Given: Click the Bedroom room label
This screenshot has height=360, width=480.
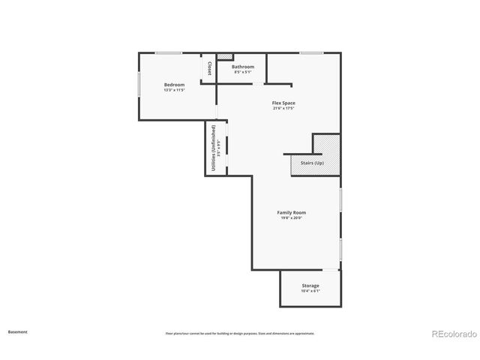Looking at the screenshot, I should [x=174, y=85].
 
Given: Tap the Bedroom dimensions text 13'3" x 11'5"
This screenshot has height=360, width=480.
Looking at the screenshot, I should [x=174, y=90].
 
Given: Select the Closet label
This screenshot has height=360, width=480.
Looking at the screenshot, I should [x=210, y=68].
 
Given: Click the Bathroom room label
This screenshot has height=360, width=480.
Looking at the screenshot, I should [x=242, y=67].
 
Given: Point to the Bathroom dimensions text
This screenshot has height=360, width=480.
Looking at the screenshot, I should [x=242, y=72].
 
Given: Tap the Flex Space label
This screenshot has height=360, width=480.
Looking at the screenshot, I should [x=283, y=103].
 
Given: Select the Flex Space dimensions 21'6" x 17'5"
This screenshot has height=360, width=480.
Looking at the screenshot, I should [x=283, y=108].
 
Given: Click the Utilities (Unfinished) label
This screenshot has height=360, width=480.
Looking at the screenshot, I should [x=214, y=149].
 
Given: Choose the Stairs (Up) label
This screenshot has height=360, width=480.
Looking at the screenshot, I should [x=312, y=162].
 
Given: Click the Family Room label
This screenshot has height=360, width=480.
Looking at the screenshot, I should [x=292, y=212].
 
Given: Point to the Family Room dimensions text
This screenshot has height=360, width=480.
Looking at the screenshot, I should [x=292, y=218].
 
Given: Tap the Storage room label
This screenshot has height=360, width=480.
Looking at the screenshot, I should [x=310, y=286].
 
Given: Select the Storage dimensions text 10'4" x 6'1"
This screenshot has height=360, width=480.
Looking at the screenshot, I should [x=310, y=291].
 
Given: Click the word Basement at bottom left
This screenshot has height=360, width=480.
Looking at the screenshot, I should [x=18, y=331].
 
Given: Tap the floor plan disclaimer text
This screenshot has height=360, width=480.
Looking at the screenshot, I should [x=240, y=333].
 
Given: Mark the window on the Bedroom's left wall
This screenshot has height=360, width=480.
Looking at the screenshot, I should [x=139, y=83].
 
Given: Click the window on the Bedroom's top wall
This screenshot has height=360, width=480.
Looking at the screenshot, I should [x=169, y=52].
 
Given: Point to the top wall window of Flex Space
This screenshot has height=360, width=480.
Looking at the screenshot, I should [x=311, y=52].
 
